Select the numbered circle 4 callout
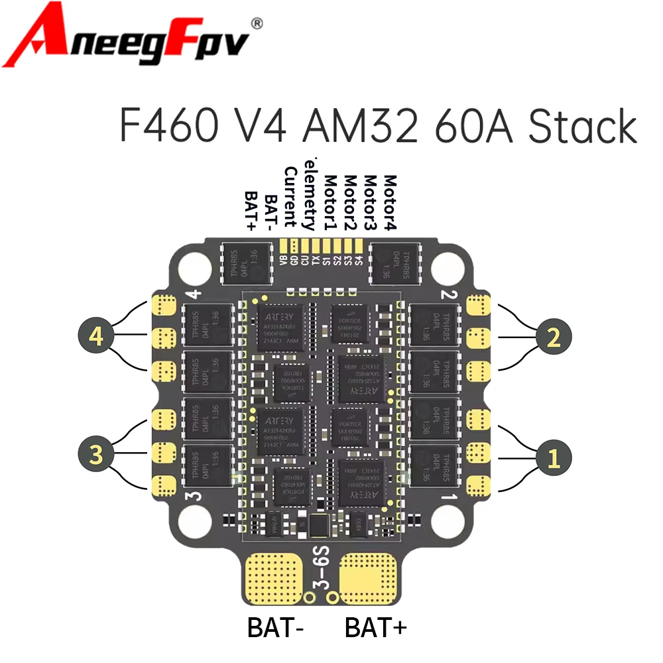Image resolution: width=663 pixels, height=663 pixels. pos(97,337)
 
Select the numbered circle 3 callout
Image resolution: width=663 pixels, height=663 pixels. pos(97,455)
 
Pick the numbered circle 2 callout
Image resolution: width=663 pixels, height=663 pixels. pos(554,337)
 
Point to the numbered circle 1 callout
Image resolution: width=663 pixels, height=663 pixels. pos(554,455)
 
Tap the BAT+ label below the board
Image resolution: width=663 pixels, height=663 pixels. pos(375,627)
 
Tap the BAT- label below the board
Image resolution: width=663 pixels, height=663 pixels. pos(275,627)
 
